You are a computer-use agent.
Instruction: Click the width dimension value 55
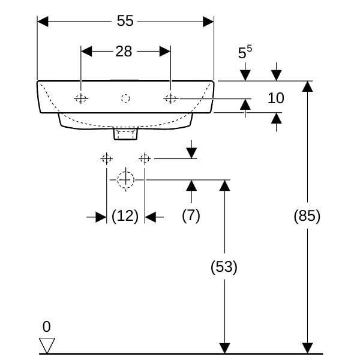tap(125, 21)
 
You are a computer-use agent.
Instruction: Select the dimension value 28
tap(124, 52)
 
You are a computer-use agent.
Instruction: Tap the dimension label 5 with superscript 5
tap(244, 53)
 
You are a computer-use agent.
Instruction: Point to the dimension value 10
tap(275, 98)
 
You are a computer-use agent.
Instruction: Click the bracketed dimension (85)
tap(307, 216)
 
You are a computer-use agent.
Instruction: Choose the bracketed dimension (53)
tap(224, 267)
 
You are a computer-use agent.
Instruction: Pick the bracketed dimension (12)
tap(125, 216)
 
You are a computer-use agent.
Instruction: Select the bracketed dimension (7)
tap(191, 216)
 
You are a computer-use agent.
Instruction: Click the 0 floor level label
tap(47, 327)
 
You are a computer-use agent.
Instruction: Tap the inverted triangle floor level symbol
tap(47, 346)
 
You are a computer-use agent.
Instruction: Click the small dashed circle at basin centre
tap(125, 98)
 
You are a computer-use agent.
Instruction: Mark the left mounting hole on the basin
tap(80, 98)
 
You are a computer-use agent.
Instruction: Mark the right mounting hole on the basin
tap(170, 98)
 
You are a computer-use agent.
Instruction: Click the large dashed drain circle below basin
tap(125, 179)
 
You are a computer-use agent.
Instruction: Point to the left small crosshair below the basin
tap(106, 158)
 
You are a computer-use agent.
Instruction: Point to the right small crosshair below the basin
tap(144, 158)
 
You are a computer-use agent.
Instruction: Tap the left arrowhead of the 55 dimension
tap(43, 21)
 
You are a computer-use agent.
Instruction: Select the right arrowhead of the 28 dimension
tap(165, 52)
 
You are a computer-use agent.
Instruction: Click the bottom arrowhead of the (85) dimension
tap(307, 348)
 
